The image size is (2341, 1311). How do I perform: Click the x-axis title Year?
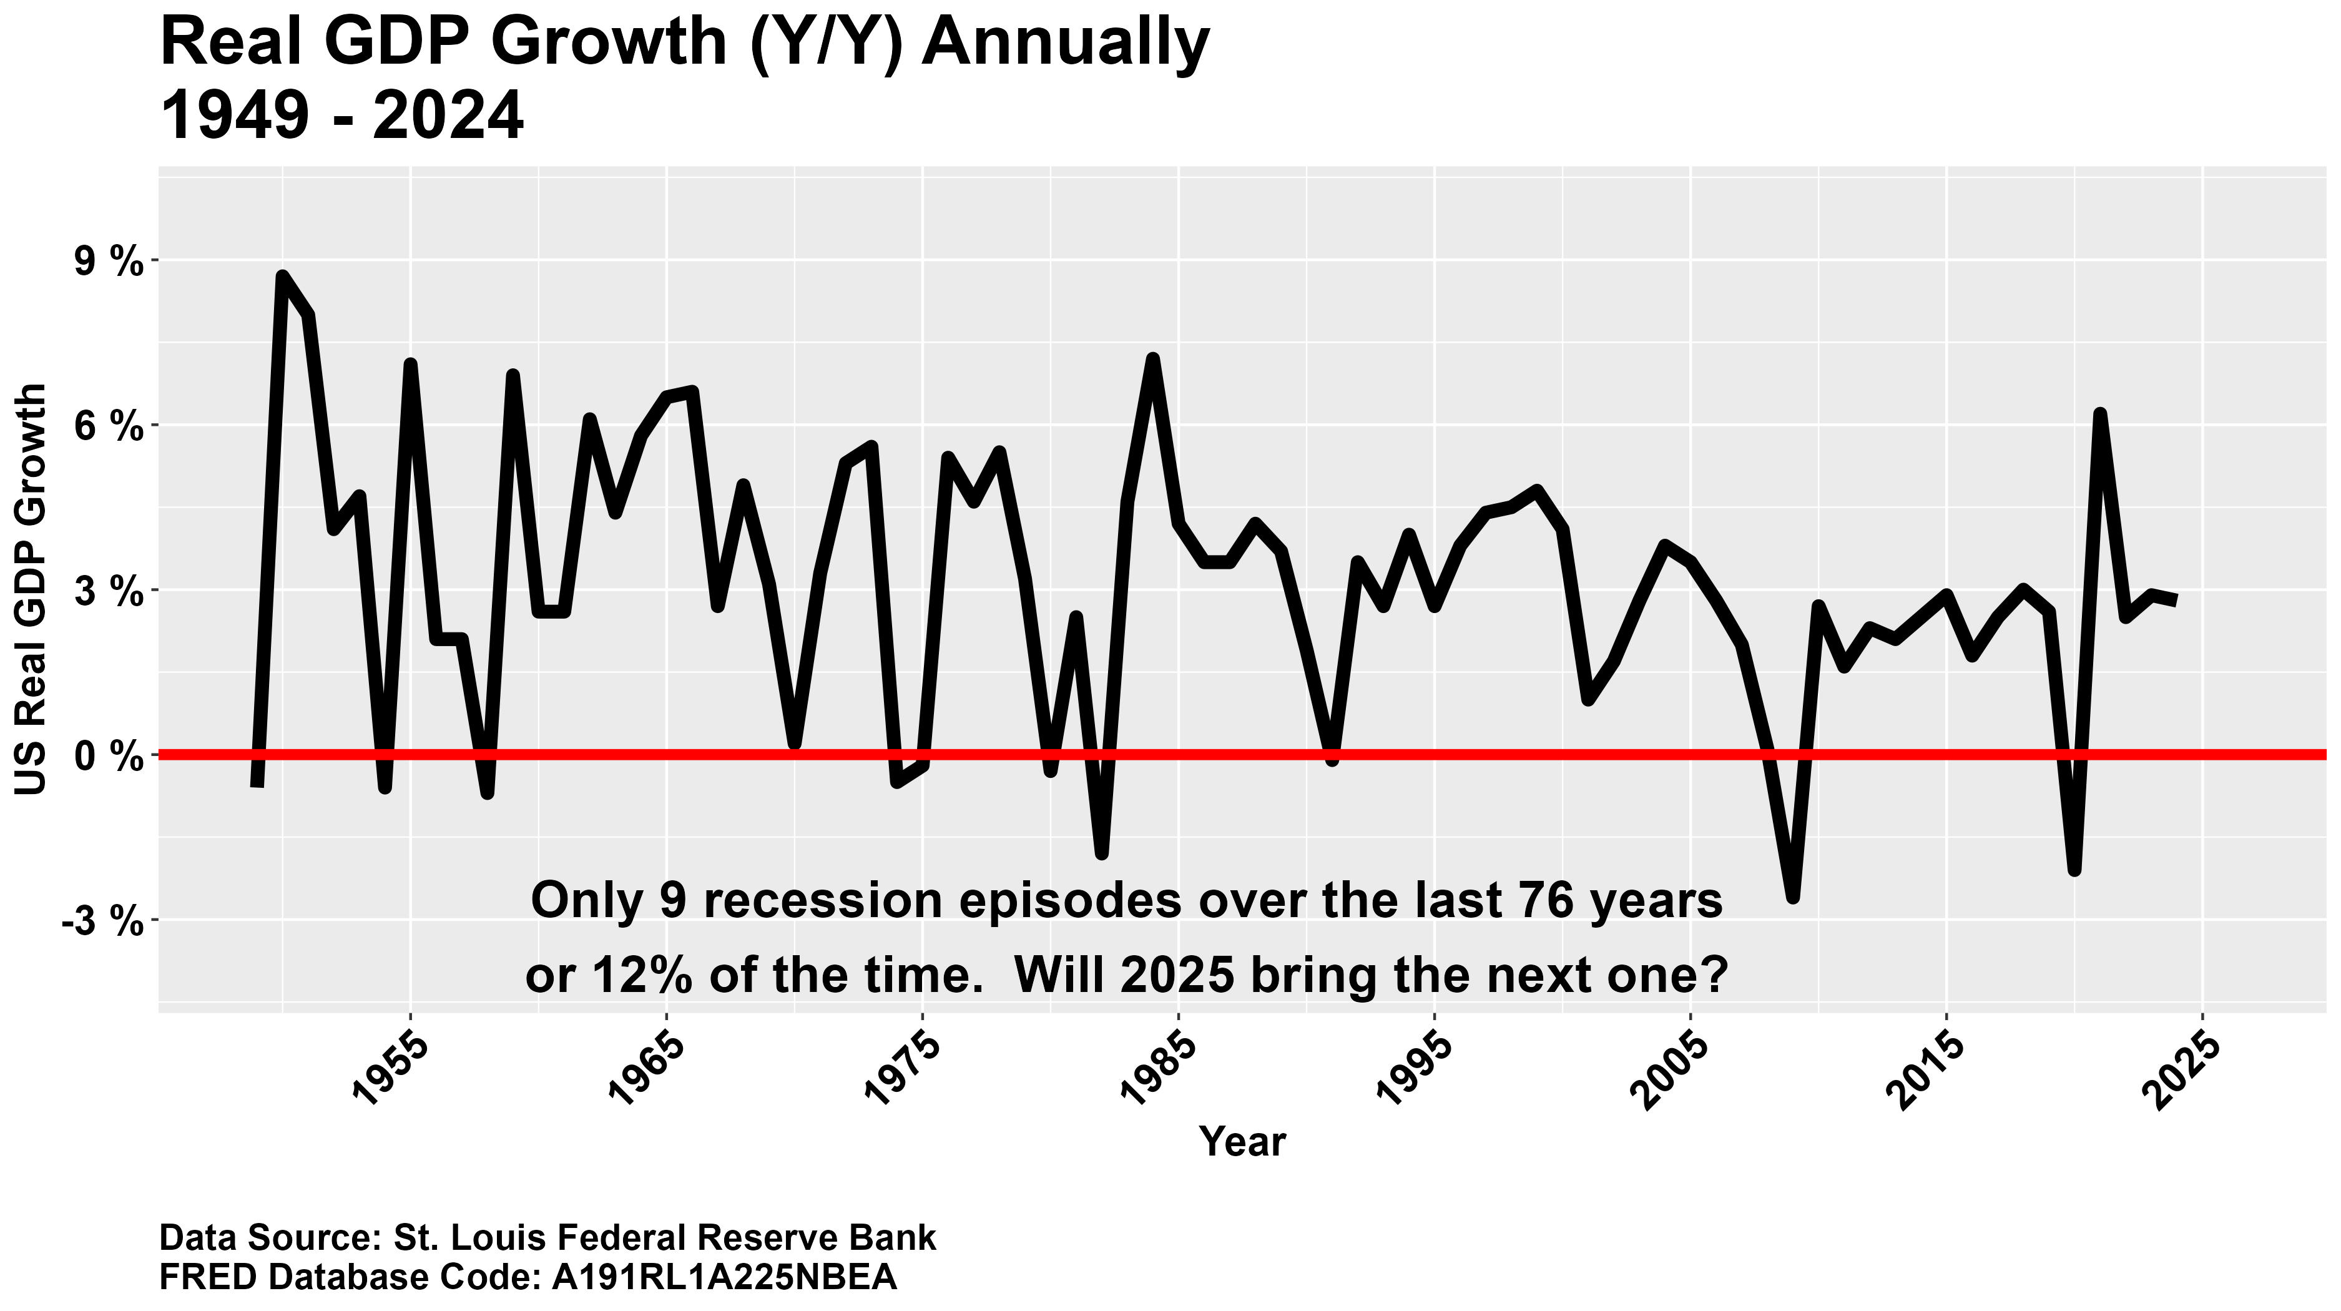(1242, 1141)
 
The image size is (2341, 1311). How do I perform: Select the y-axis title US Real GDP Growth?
(32, 589)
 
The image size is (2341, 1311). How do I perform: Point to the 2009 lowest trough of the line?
(1792, 898)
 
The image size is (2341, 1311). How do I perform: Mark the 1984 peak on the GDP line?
(1152, 360)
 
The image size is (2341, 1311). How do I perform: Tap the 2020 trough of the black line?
(2074, 870)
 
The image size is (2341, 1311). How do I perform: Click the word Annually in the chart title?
(1065, 42)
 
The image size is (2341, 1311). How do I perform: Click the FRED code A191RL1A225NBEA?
(724, 1277)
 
